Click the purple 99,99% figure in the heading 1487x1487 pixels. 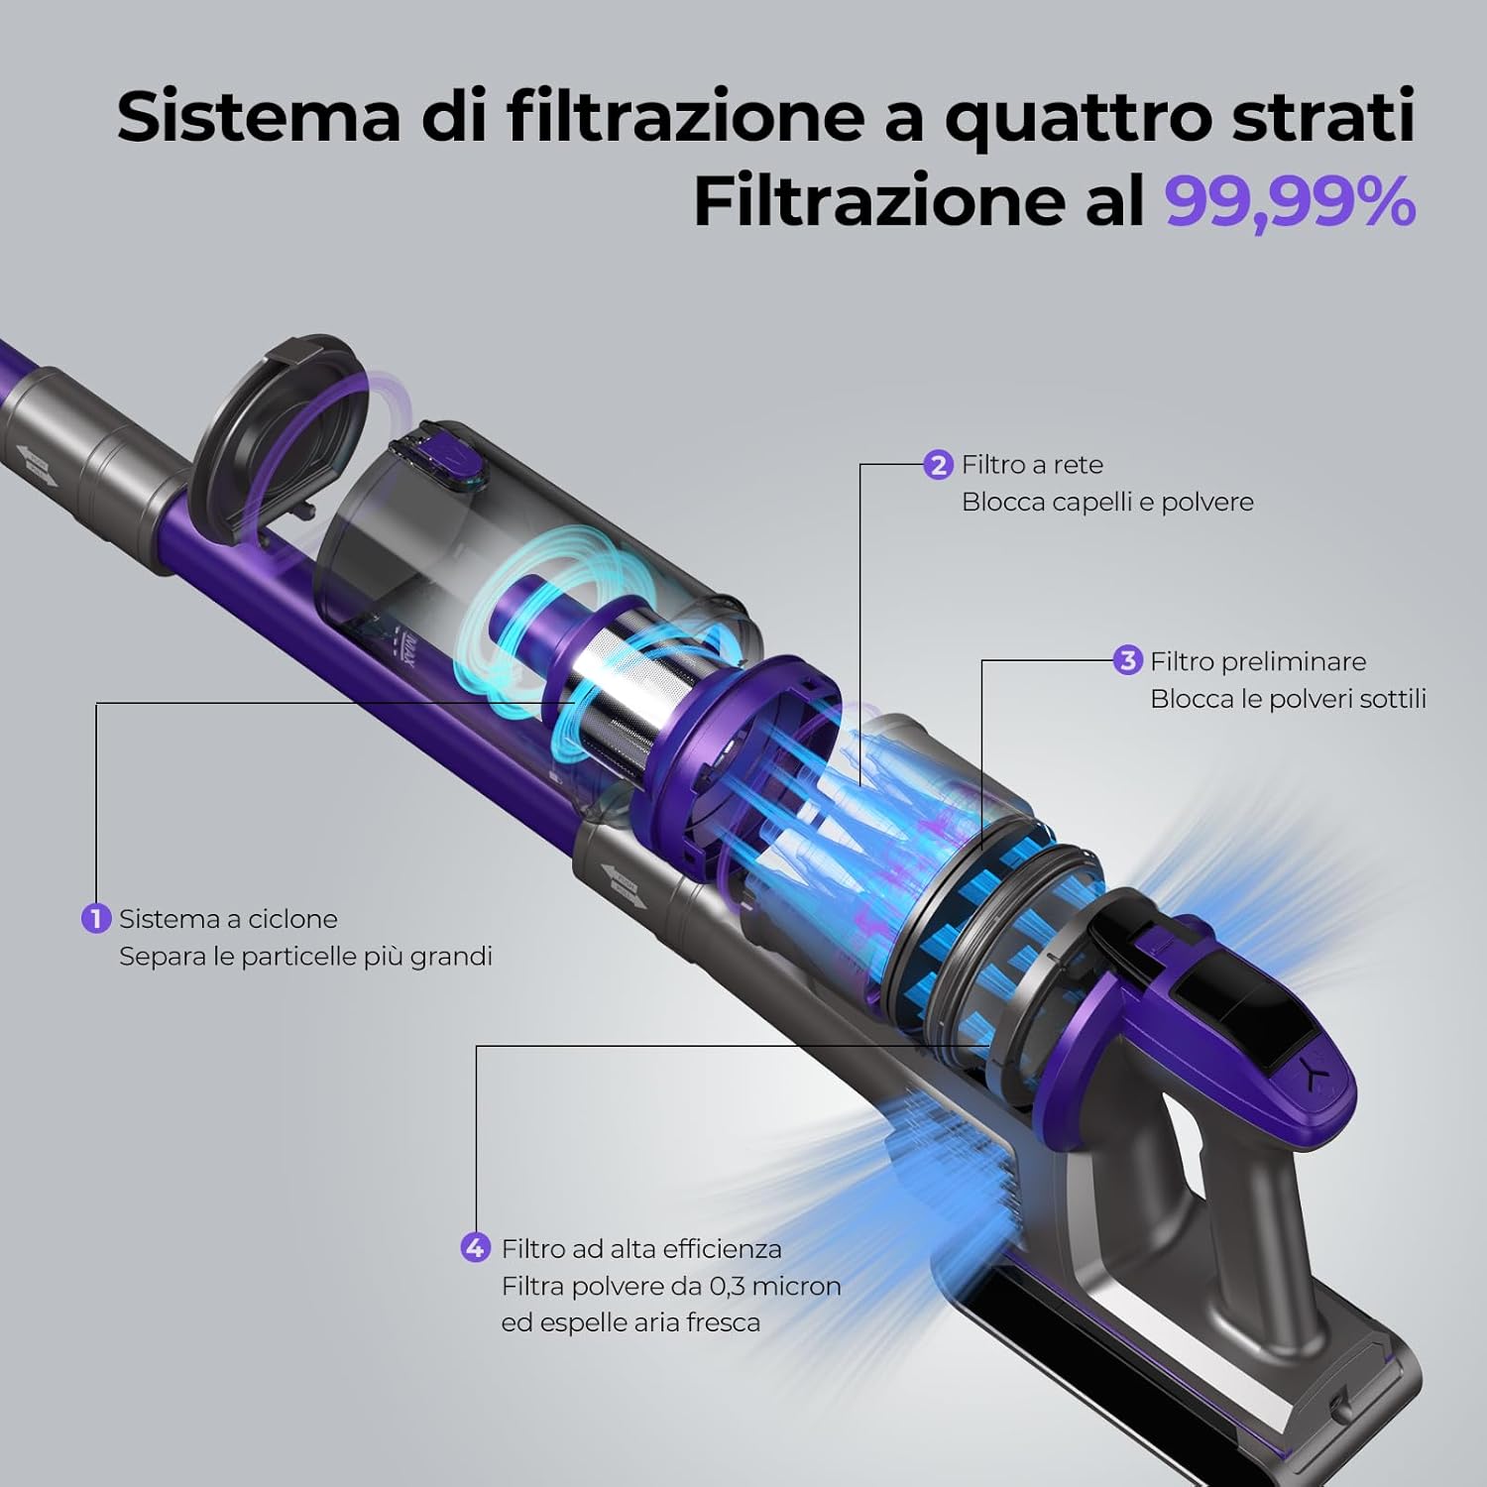[x=1289, y=202]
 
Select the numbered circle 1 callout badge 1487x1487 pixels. [x=95, y=918]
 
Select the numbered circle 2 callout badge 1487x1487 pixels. [x=938, y=464]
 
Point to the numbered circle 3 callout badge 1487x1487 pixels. [x=1127, y=660]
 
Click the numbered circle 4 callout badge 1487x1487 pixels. [x=476, y=1247]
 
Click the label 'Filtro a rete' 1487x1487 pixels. [x=1032, y=464]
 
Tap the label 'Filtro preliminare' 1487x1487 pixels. [x=1258, y=661]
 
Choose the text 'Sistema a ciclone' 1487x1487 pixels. [x=228, y=919]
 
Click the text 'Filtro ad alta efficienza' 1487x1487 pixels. [x=641, y=1248]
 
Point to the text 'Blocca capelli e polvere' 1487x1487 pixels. [x=1107, y=502]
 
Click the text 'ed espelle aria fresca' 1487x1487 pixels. [x=630, y=1322]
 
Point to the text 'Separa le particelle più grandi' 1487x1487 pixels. [x=305, y=957]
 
